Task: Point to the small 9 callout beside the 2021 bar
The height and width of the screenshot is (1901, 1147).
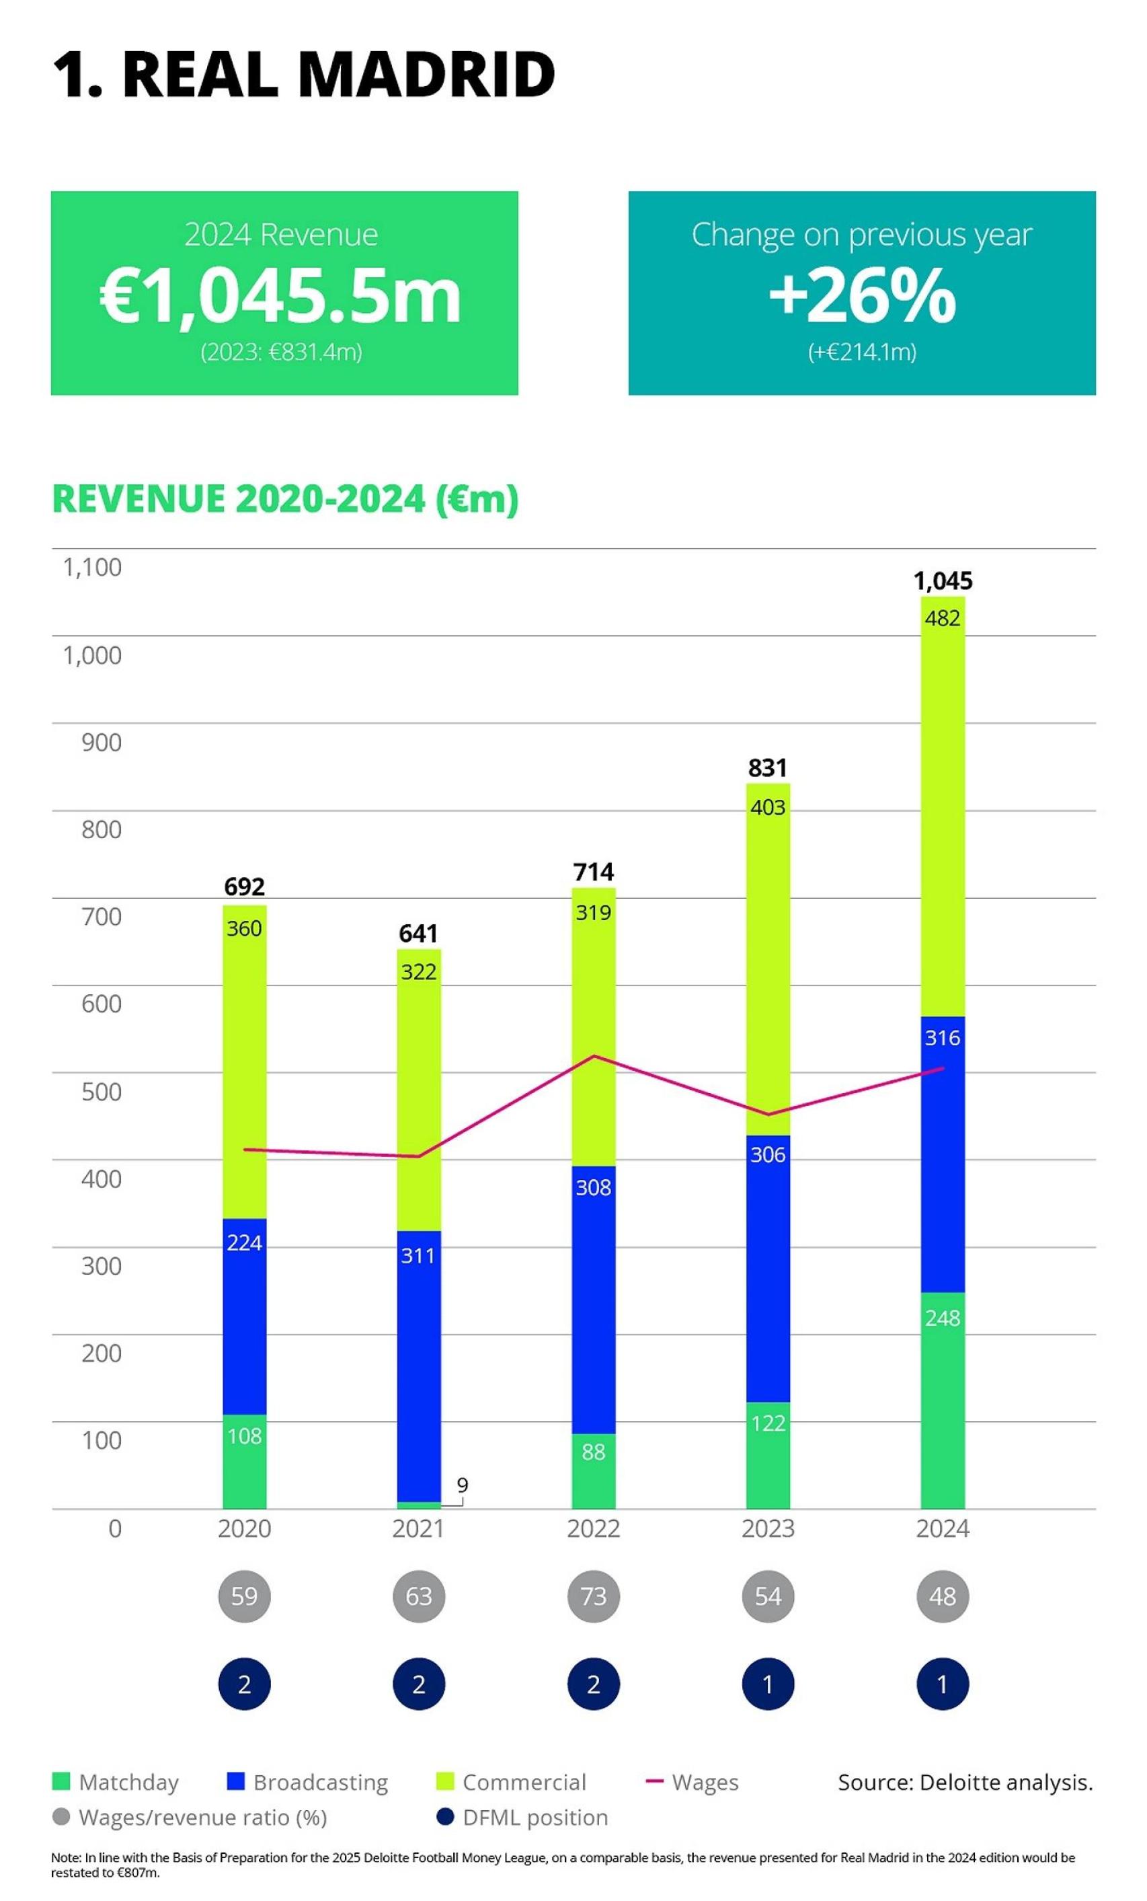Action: [x=461, y=1485]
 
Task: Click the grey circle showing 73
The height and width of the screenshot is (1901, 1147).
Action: [x=593, y=1596]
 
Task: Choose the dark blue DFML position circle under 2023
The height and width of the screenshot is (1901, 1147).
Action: [x=768, y=1684]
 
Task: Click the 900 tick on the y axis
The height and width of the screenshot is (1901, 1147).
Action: [x=101, y=742]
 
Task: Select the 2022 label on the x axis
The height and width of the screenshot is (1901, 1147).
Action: [x=593, y=1528]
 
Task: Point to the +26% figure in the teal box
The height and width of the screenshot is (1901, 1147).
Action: [x=862, y=296]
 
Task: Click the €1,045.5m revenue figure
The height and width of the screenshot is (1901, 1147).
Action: [x=281, y=296]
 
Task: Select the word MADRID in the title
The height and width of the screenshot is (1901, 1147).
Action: [x=426, y=74]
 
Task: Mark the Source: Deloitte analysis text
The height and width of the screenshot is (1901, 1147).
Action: [x=965, y=1782]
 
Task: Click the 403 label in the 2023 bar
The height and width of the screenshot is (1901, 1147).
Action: [x=768, y=807]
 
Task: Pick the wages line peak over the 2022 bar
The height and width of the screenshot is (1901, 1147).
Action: [x=593, y=1055]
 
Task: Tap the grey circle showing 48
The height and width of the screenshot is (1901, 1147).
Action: [x=942, y=1596]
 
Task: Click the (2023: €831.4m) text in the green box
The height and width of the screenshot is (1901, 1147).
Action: [x=281, y=352]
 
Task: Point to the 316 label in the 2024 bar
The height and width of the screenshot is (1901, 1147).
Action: [x=942, y=1038]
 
